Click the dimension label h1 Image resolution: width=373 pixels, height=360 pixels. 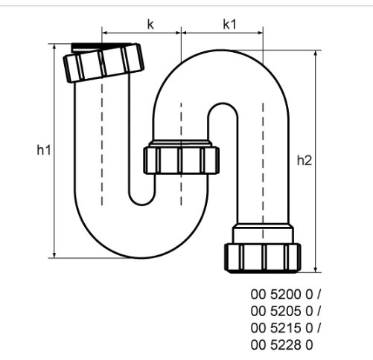click(43, 150)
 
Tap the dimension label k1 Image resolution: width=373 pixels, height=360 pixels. click(229, 25)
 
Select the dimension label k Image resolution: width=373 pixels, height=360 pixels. click(150, 25)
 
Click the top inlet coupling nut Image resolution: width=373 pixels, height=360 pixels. click(103, 62)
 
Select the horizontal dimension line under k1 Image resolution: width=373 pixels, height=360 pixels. click(221, 33)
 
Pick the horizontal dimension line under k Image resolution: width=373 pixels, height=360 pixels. click(141, 33)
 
